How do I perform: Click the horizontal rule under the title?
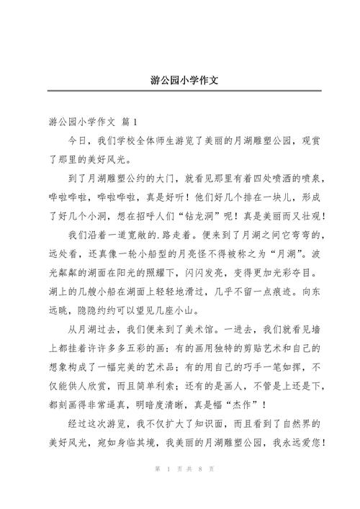coord(179,91)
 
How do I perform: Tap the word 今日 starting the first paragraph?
coord(78,140)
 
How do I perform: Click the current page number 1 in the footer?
coord(166,490)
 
